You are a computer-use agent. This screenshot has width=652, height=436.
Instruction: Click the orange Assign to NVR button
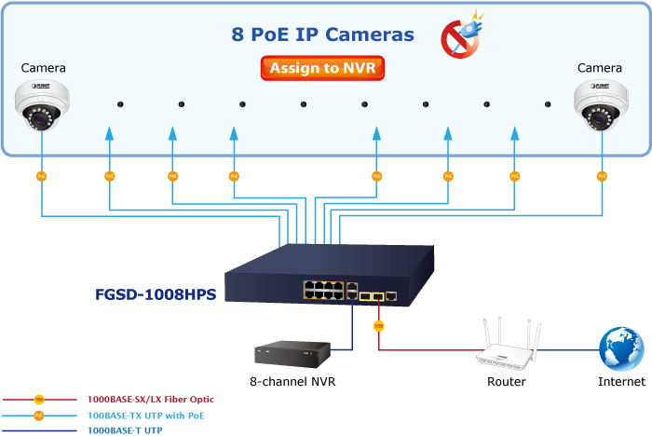pyautogui.click(x=322, y=68)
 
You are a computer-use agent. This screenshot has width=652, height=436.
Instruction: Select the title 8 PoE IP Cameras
pyautogui.click(x=322, y=34)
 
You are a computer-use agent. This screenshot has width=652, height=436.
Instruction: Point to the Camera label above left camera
pyautogui.click(x=43, y=68)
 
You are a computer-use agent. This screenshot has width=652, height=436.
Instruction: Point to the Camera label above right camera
pyautogui.click(x=599, y=68)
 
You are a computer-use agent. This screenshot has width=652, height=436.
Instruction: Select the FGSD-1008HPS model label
pyautogui.click(x=156, y=294)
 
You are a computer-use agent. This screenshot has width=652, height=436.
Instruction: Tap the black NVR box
pyautogui.click(x=292, y=353)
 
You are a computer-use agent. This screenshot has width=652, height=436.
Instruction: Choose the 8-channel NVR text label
pyautogui.click(x=292, y=382)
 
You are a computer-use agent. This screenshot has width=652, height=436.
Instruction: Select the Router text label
pyautogui.click(x=507, y=382)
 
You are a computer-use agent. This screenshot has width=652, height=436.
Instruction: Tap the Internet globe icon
pyautogui.click(x=621, y=348)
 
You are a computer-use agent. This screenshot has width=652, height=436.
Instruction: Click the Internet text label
pyautogui.click(x=622, y=382)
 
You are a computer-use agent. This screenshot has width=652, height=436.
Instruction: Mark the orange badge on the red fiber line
pyautogui.click(x=378, y=326)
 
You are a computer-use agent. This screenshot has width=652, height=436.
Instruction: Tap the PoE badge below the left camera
pyautogui.click(x=41, y=175)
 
